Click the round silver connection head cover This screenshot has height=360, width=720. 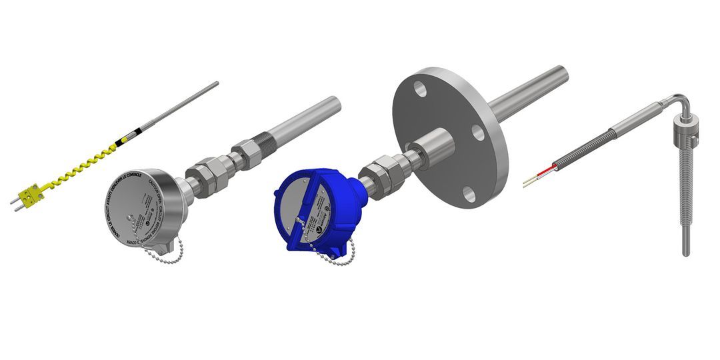tap(136, 207)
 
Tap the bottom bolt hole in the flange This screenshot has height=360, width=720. tap(469, 194)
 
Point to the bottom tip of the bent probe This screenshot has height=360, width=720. tap(686, 253)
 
